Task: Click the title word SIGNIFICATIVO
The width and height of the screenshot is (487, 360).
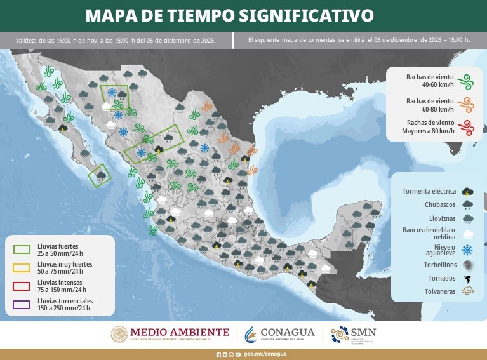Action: click(314, 15)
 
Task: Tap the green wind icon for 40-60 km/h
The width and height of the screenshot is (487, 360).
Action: click(467, 81)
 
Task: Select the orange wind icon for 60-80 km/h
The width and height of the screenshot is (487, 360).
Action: click(467, 104)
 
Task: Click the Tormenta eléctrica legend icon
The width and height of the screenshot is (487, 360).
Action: click(467, 191)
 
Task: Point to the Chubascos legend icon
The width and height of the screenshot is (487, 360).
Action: click(467, 205)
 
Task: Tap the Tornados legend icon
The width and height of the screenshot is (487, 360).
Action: click(467, 278)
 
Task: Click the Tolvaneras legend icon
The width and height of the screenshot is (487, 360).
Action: click(467, 292)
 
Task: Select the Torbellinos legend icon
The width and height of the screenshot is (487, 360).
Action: click(467, 264)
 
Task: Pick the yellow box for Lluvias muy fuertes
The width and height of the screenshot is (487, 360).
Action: click(22, 267)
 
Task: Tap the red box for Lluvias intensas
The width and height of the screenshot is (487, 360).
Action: click(22, 285)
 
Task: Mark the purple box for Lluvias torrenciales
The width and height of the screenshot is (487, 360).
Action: click(22, 303)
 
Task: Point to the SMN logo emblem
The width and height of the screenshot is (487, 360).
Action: click(340, 335)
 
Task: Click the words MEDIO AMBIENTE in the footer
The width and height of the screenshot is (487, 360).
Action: click(180, 331)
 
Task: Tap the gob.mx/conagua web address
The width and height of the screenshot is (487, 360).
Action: click(265, 354)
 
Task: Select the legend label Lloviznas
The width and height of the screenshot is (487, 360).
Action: click(441, 219)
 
